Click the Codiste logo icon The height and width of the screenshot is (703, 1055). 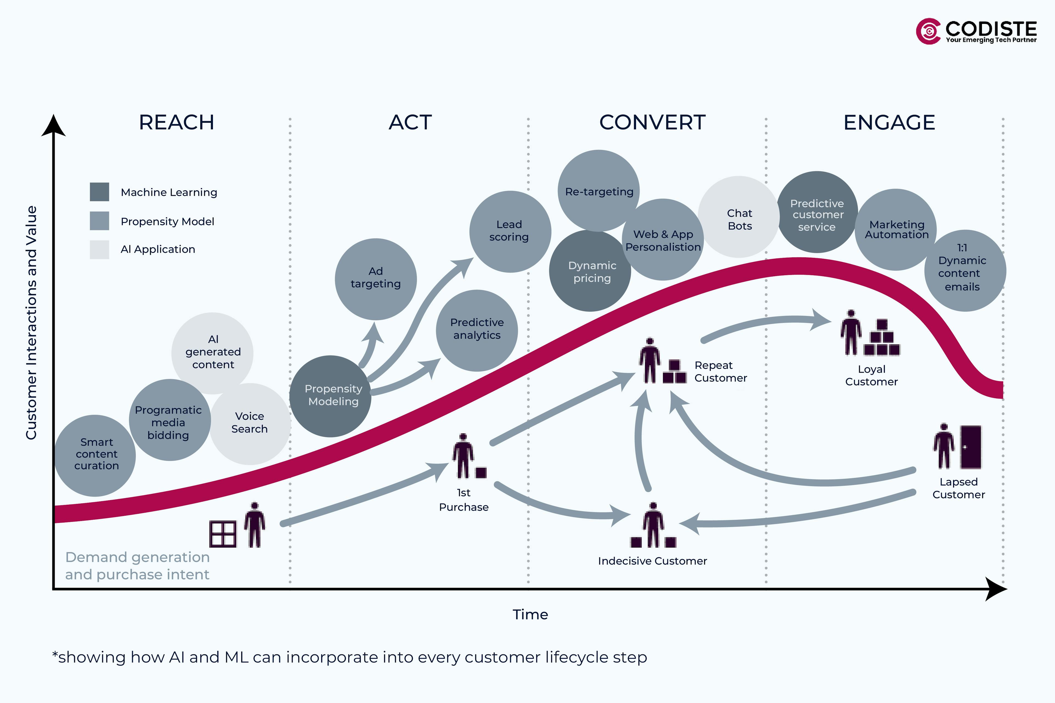coord(928,31)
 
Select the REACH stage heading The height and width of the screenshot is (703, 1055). coord(176,122)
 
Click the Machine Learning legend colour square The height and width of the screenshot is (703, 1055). coord(99,192)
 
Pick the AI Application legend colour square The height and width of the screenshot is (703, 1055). coord(99,249)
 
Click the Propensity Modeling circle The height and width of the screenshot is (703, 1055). coord(331,396)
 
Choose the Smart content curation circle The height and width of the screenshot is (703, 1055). coord(95,455)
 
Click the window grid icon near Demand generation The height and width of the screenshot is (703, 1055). coord(223,534)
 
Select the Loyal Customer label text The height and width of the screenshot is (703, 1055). coord(871,375)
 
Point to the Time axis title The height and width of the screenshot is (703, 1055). coord(530,614)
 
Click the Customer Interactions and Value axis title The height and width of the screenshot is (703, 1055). coord(31,323)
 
